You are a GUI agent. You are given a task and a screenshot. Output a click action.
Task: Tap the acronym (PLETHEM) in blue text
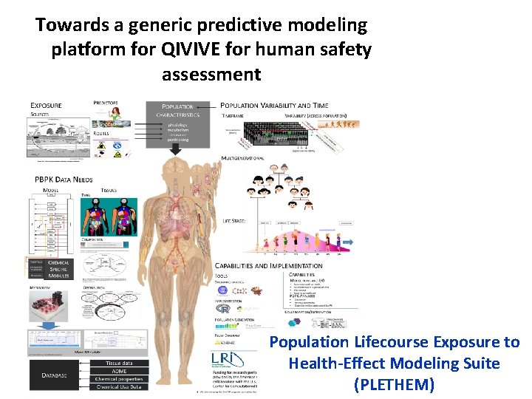394,385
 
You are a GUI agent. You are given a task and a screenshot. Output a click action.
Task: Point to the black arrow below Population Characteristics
176,149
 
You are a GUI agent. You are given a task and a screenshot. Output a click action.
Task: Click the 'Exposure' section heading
46,105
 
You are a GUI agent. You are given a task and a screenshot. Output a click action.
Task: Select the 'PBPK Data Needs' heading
65,180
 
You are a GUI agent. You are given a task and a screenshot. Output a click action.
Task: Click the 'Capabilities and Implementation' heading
268,265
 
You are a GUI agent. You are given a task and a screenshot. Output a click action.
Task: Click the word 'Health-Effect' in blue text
330,363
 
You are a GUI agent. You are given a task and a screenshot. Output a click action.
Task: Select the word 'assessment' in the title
211,75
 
